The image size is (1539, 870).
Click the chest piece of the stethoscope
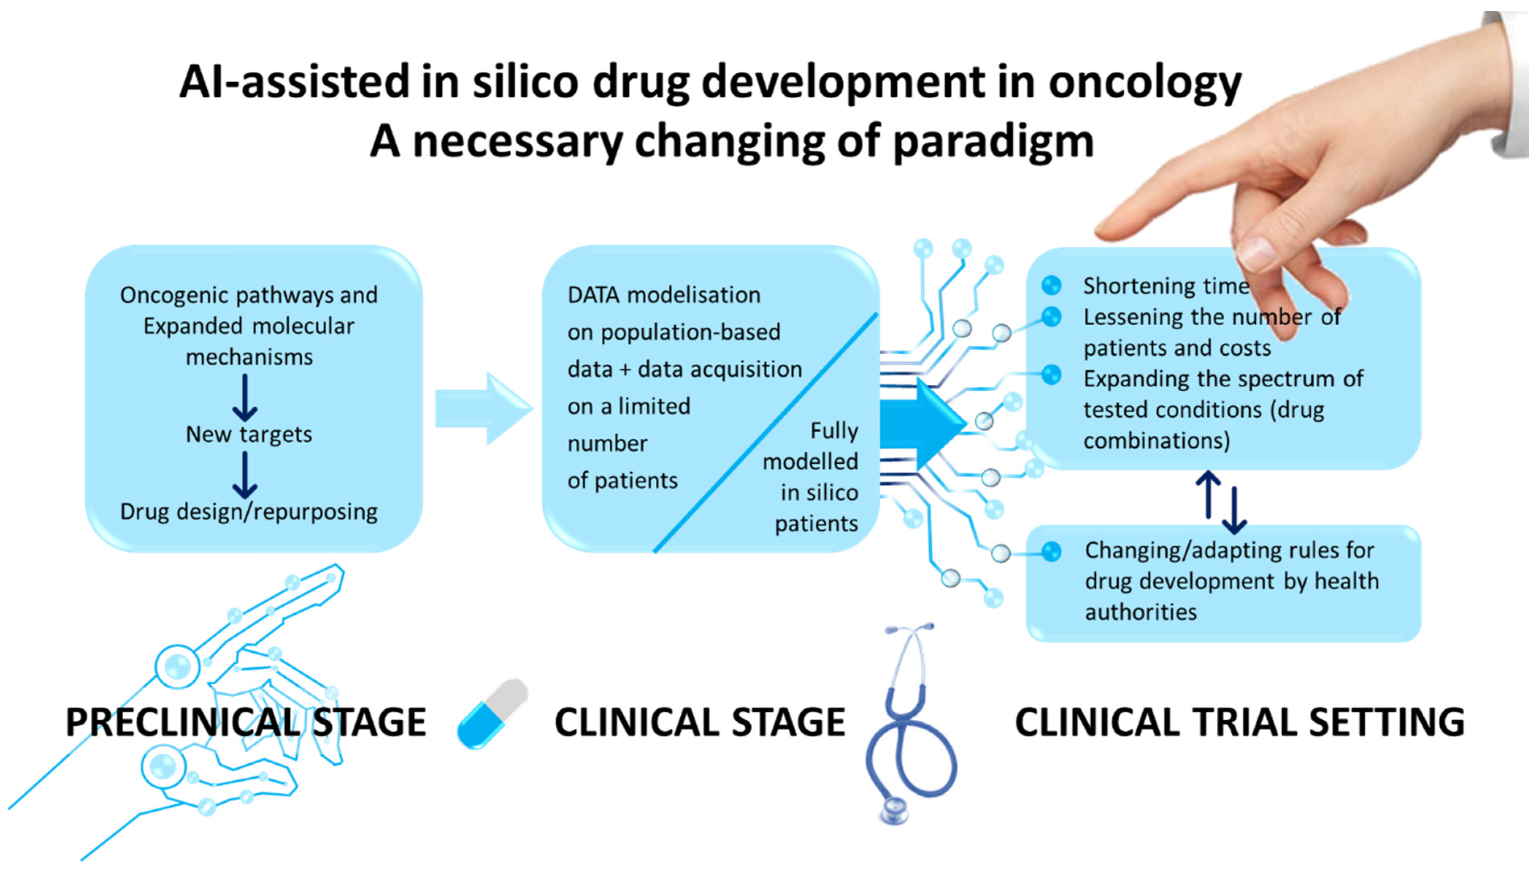pyautogui.click(x=894, y=812)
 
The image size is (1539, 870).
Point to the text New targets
pyautogui.click(x=249, y=434)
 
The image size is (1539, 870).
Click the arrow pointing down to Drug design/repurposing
pyautogui.click(x=245, y=475)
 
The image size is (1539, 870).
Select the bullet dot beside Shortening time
pyautogui.click(x=1051, y=286)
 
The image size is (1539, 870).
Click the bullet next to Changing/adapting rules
pyautogui.click(x=1051, y=552)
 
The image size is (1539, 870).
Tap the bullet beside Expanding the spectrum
pyautogui.click(x=1051, y=375)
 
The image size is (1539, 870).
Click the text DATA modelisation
pyautogui.click(x=663, y=295)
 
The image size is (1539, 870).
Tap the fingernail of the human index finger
pyautogui.click(x=1257, y=251)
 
